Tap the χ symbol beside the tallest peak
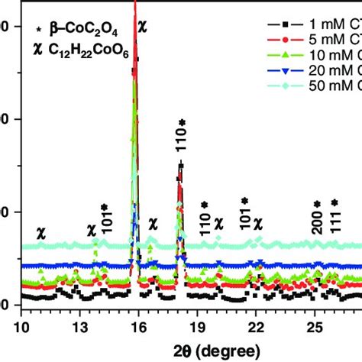(143, 24)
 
